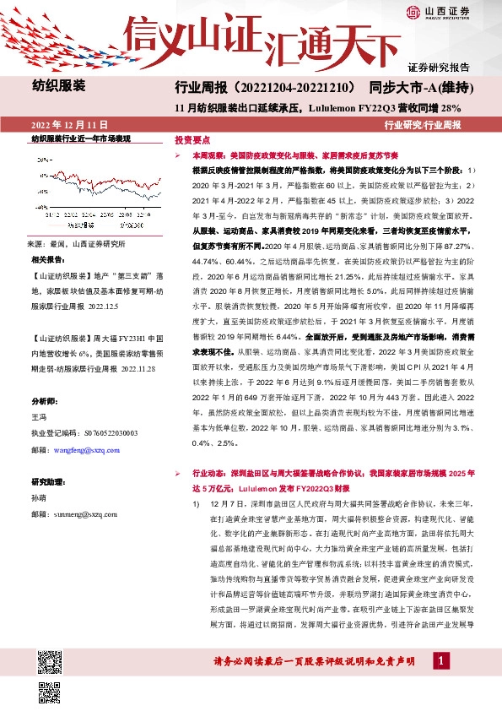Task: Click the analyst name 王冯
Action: click(40, 416)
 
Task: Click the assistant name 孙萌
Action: click(40, 498)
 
